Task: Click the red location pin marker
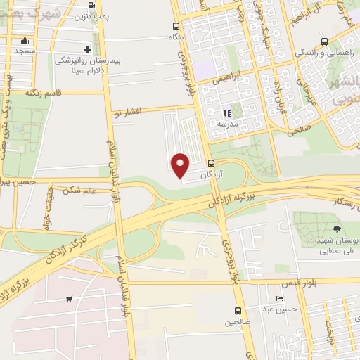coord(181,166)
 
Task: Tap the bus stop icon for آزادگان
coord(212,163)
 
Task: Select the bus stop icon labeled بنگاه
coord(176,27)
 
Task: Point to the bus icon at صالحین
coord(238,311)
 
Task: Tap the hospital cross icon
coord(87,49)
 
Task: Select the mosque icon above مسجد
coord(25,40)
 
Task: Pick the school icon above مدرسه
coord(226,112)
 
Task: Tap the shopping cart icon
coord(68,299)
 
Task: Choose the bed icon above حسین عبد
coord(280,298)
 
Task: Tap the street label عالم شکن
coord(78,189)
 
